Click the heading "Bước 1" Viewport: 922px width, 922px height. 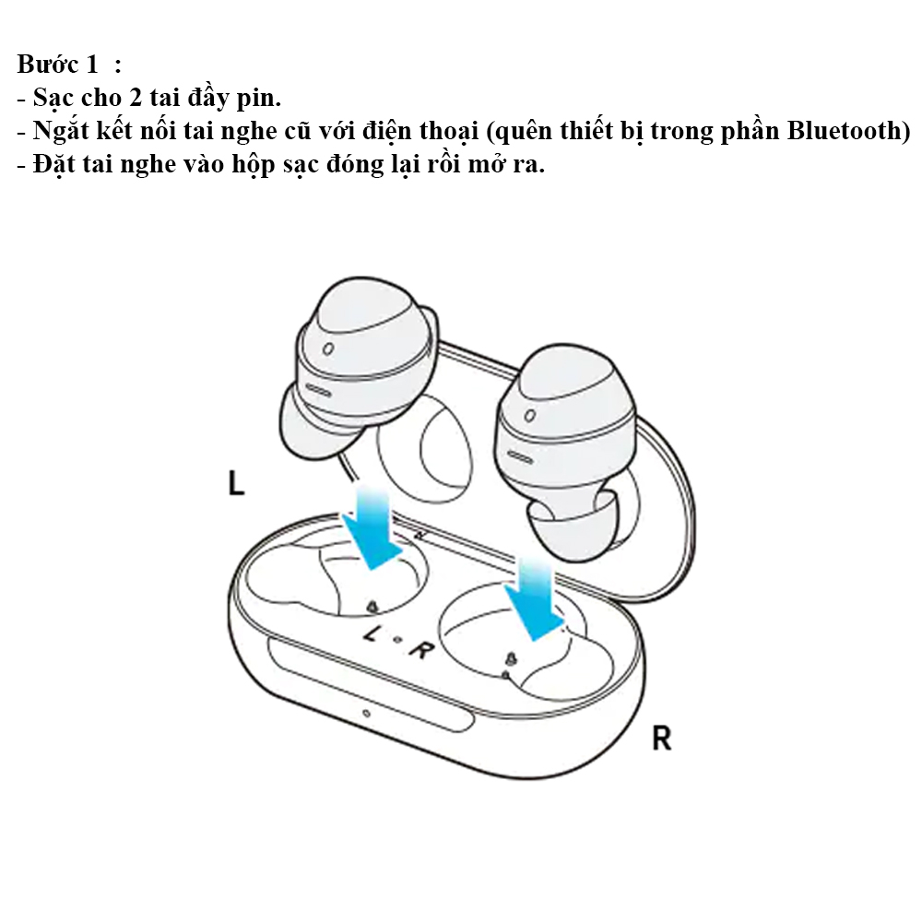tap(57, 66)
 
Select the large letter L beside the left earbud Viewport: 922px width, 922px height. tap(237, 484)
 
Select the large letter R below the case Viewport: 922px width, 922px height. tap(661, 738)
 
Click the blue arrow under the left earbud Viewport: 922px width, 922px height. tap(373, 527)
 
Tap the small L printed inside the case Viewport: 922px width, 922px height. tap(372, 634)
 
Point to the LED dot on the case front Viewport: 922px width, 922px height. tap(366, 715)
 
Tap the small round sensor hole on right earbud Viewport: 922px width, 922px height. tap(529, 416)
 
